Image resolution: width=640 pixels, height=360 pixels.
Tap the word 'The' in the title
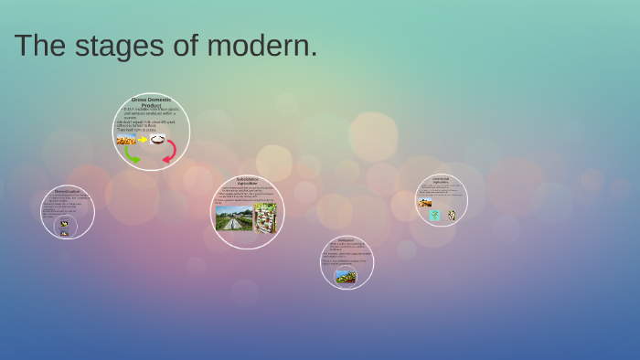[x=38, y=46]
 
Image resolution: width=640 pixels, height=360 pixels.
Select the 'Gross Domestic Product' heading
[x=151, y=102]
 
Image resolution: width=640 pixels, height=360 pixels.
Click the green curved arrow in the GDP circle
[x=132, y=154]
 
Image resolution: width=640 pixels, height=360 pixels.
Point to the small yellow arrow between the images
[x=143, y=140]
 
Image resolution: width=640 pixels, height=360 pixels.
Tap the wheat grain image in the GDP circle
[x=126, y=140]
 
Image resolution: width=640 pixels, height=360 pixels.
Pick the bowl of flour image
[x=157, y=140]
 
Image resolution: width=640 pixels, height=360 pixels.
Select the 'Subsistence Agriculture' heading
[x=247, y=181]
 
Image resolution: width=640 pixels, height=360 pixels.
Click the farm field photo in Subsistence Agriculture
[x=233, y=218]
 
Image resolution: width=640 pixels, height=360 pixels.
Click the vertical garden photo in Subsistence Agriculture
[x=265, y=218]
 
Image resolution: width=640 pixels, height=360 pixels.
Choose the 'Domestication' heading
[x=67, y=191]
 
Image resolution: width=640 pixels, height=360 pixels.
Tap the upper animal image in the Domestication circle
[x=64, y=223]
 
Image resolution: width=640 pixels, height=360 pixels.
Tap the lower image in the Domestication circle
[x=64, y=233]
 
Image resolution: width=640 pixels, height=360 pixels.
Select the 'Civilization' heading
[x=346, y=239]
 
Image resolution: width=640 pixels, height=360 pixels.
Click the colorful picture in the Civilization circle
[x=346, y=276]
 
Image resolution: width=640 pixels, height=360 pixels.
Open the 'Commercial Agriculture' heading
[x=441, y=180]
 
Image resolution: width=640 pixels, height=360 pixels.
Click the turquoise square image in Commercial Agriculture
[x=435, y=215]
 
